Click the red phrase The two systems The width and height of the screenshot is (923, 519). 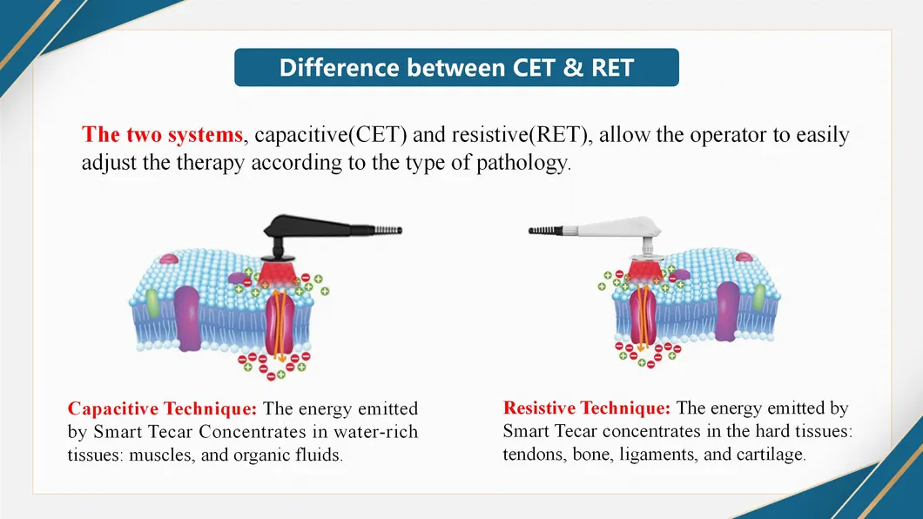(x=163, y=136)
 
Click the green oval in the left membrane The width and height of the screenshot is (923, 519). (x=153, y=301)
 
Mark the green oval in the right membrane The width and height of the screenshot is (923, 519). (x=759, y=297)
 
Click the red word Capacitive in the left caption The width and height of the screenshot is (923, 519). (x=111, y=408)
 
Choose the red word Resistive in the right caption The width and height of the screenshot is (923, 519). (x=540, y=408)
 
